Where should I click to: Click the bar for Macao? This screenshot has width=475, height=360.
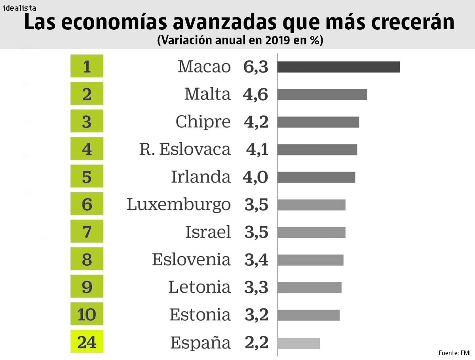click(x=338, y=67)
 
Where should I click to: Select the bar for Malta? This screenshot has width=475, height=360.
click(x=322, y=95)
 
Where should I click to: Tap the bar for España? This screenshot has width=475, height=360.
click(x=298, y=343)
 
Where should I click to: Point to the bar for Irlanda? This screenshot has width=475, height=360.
click(x=316, y=177)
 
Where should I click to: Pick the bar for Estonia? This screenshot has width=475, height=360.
click(x=308, y=315)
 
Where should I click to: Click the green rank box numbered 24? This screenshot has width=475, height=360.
click(x=87, y=341)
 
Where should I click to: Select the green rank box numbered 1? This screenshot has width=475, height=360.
click(x=87, y=66)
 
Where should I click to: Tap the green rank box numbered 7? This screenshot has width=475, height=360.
click(x=87, y=231)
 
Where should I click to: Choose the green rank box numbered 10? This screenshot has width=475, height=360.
click(x=87, y=314)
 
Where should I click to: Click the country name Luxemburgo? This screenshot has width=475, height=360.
click(x=179, y=205)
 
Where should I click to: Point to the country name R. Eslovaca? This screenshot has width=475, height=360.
click(x=185, y=150)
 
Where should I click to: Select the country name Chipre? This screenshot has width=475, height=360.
click(x=203, y=122)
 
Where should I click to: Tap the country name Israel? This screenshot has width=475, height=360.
click(x=208, y=232)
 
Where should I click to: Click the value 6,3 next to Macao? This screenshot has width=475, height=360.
click(x=256, y=67)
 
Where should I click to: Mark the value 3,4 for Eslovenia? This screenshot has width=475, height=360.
click(x=256, y=260)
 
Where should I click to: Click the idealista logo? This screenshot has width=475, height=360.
click(x=19, y=8)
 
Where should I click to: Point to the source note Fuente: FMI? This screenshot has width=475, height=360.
click(x=454, y=352)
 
